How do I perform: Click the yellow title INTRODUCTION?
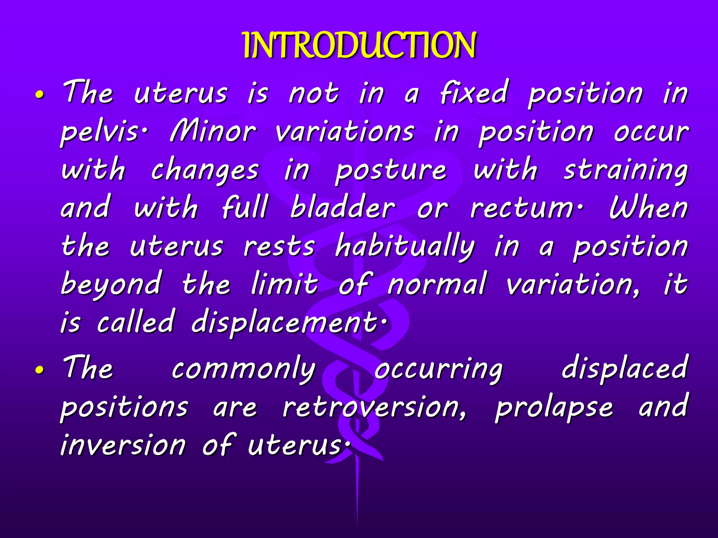359,46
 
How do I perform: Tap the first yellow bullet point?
40,95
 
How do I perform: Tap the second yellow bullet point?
40,370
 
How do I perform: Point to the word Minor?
213,132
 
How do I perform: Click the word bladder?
343,208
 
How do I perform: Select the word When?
648,208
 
